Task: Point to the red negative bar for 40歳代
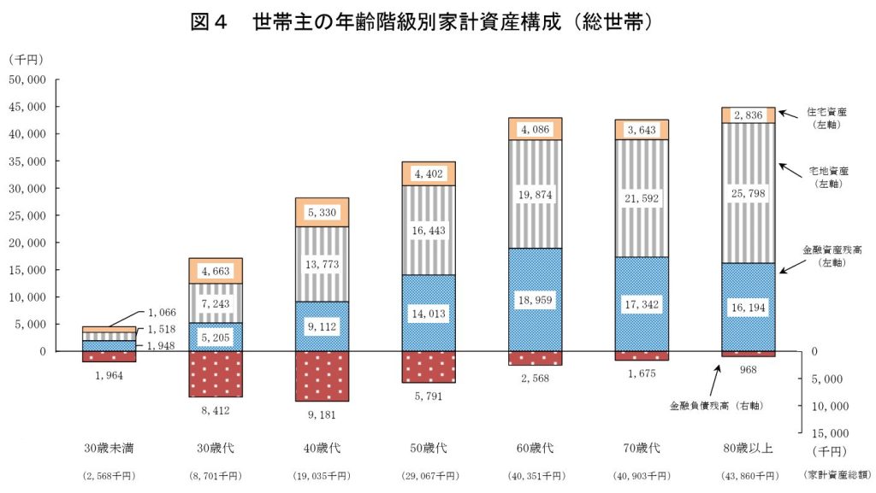(322, 376)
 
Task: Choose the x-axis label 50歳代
(429, 448)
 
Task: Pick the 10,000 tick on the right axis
(826, 406)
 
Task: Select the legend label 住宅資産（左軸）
(826, 117)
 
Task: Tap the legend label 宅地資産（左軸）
(826, 177)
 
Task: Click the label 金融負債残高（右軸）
(716, 404)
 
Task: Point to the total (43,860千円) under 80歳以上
(749, 474)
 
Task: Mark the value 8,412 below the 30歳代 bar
(215, 410)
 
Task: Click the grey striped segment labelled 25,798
(749, 194)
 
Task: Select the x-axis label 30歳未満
(109, 448)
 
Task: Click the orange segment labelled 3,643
(642, 130)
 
